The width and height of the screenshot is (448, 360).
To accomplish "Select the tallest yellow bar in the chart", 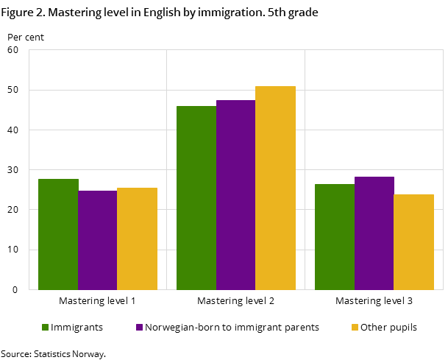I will click(275, 188).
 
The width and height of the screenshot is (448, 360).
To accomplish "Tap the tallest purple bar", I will click(235, 194).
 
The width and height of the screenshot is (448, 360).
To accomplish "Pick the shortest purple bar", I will click(97, 240).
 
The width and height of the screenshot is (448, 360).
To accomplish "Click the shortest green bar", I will click(334, 236).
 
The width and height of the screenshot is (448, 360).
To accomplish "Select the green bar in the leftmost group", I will click(58, 234).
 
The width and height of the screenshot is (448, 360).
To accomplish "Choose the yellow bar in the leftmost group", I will click(137, 239).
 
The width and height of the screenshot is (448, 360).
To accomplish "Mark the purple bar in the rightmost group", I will click(374, 233).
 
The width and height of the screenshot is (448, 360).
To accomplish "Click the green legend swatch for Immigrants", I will click(45, 328).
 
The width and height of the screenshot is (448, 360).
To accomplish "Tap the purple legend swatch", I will click(139, 328).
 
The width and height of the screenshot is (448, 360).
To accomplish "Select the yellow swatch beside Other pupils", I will click(355, 328).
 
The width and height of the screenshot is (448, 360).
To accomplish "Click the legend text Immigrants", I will click(77, 328).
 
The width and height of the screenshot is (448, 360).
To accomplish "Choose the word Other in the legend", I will click(373, 328).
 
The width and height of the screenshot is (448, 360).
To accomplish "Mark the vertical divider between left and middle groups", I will click(166, 169).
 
